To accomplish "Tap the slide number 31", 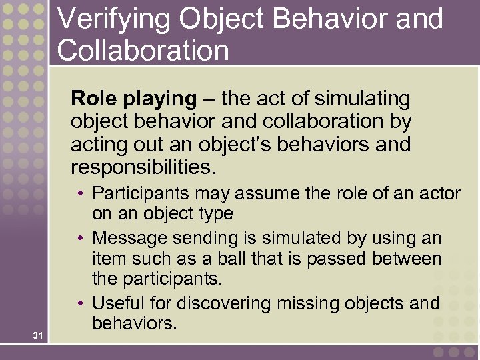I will (37, 336).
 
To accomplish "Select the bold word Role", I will (93, 99).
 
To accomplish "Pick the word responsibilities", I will (143, 167).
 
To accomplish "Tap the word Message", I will (125, 238).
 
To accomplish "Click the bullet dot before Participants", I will (79, 193).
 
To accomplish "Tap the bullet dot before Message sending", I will (79, 238).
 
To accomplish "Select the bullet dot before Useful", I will (79, 303).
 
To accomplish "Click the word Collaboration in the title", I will (143, 51).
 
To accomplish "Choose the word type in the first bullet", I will (217, 215).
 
